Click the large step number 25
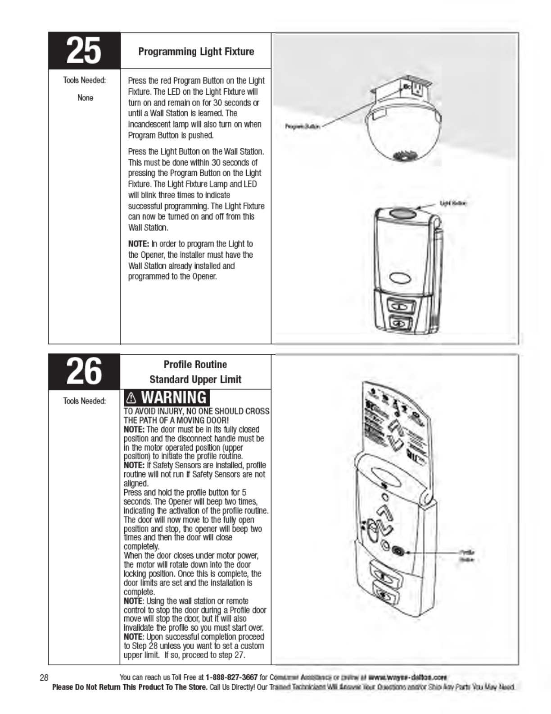84,50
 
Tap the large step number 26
84,372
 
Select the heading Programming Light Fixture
196,51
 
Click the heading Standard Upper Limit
195,379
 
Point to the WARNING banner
167,398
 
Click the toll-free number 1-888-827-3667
231,677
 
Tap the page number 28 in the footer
44,677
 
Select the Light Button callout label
453,203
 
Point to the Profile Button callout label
466,556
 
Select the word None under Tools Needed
85,97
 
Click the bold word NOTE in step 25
138,244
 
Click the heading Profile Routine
195,364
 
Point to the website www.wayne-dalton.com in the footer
407,677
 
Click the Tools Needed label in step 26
85,401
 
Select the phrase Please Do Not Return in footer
86,687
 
